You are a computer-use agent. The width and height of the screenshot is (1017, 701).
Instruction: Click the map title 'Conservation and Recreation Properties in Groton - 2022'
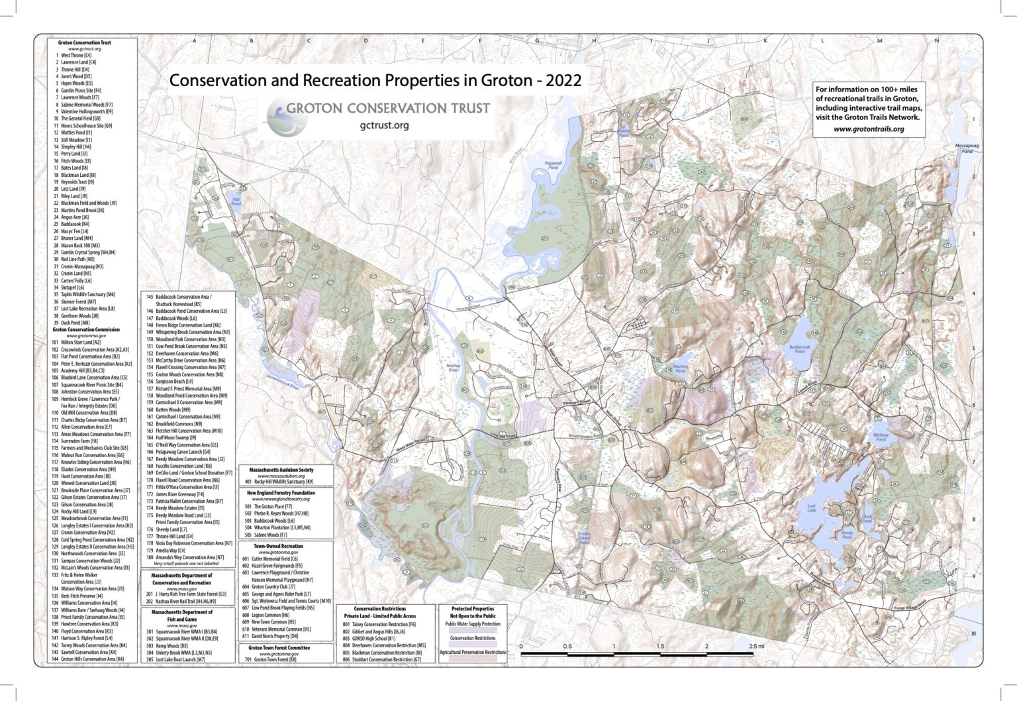[x=375, y=81]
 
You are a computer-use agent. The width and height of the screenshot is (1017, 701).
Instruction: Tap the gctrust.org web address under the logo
[x=384, y=125]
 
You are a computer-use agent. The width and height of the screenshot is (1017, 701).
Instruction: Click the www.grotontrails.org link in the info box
[x=869, y=129]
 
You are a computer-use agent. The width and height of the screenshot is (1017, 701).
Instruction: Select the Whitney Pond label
[x=881, y=437]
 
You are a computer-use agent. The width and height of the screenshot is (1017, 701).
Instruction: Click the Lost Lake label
[x=811, y=508]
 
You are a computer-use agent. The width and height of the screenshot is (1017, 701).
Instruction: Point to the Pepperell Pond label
[x=553, y=165]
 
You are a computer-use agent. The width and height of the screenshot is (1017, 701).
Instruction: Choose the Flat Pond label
[x=236, y=201]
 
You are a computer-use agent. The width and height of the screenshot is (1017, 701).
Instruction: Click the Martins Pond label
[x=680, y=368]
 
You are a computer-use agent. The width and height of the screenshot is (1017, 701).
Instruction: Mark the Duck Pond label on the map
[x=867, y=519]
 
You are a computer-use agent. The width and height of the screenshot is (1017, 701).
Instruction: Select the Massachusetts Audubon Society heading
[x=286, y=470]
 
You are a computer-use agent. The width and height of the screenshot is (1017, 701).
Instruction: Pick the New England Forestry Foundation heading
[x=286, y=493]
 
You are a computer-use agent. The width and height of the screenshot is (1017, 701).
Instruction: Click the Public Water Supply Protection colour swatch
[x=473, y=631]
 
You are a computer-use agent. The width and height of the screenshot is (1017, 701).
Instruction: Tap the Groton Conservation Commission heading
[x=86, y=329]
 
